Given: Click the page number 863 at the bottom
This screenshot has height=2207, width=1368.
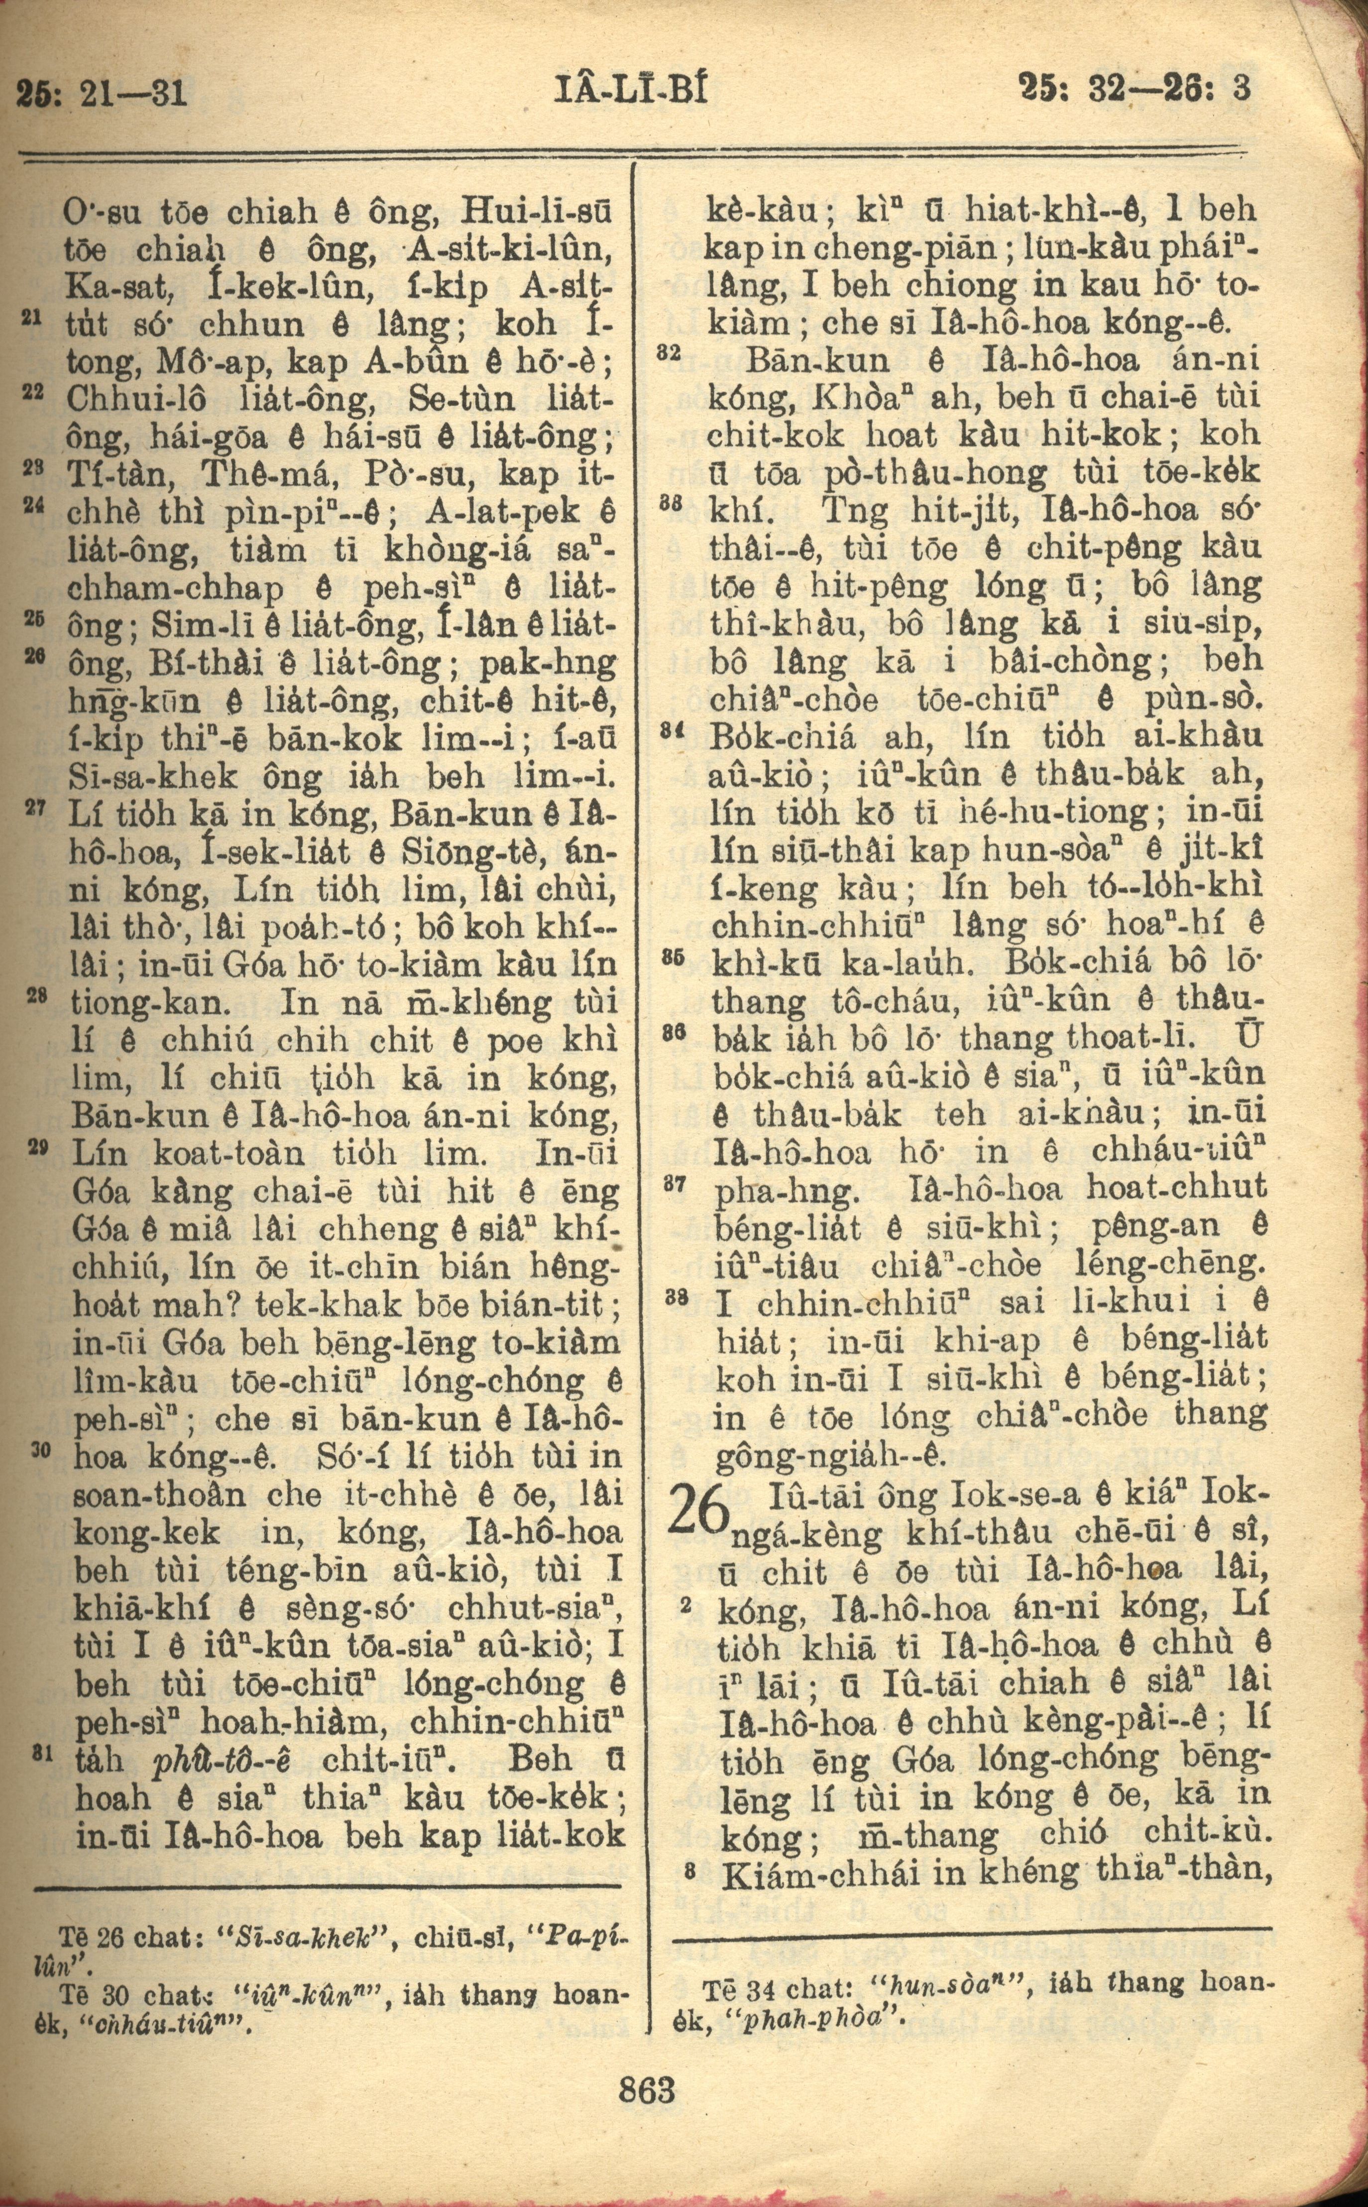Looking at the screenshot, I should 648,2084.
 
